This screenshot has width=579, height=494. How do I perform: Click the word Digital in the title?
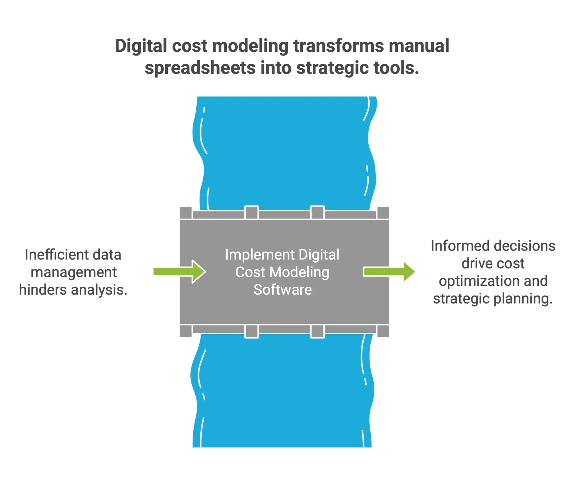[140, 46]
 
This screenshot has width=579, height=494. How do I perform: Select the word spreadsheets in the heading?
[200, 68]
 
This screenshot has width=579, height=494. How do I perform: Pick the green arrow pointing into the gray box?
[180, 271]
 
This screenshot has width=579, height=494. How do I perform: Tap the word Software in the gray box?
[283, 290]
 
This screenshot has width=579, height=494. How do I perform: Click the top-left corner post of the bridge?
[186, 213]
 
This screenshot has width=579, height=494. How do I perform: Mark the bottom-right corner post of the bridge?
[383, 331]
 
